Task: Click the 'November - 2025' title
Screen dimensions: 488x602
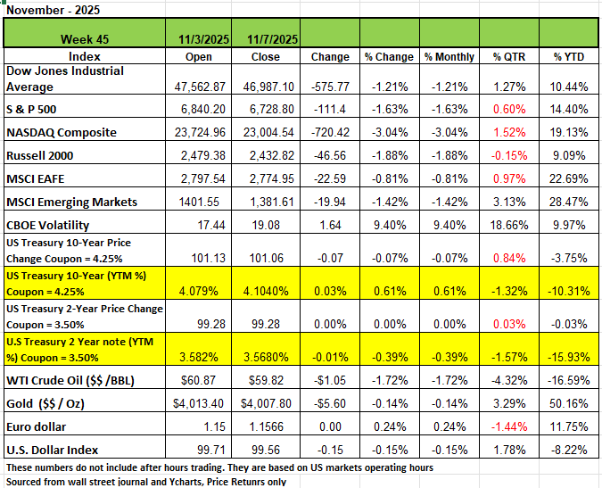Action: (53, 10)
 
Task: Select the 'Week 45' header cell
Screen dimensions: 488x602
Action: (86, 39)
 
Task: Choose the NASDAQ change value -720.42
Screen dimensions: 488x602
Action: (330, 133)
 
